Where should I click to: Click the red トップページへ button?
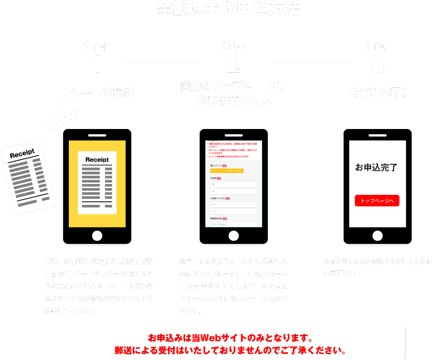(377, 201)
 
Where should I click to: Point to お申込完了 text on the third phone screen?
(376, 167)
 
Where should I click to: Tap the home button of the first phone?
(97, 236)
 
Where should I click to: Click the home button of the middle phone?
(234, 236)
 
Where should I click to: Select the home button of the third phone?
(378, 236)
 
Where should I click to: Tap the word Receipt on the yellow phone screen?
(97, 160)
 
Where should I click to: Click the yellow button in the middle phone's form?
(226, 170)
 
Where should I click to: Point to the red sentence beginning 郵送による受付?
(230, 350)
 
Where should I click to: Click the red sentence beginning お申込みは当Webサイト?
(230, 338)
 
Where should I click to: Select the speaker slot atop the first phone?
(97, 135)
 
